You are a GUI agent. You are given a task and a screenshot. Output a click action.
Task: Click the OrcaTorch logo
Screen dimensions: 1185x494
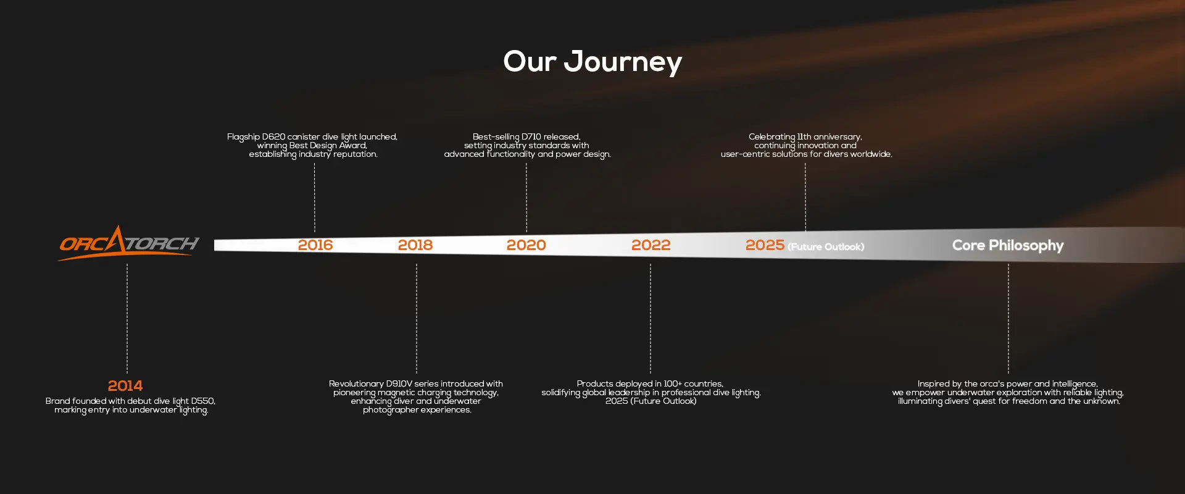[128, 243]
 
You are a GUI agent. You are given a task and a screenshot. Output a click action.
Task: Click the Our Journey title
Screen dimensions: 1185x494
[592, 62]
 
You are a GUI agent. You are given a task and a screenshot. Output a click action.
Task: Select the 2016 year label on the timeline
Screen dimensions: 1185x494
[315, 245]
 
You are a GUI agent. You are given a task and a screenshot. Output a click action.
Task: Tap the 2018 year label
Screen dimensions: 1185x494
[415, 245]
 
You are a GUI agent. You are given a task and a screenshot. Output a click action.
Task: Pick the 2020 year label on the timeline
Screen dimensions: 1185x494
[526, 245]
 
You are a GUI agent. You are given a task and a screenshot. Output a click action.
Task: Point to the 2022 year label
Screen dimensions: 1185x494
[651, 245]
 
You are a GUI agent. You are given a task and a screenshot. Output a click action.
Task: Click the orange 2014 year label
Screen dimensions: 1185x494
[125, 386]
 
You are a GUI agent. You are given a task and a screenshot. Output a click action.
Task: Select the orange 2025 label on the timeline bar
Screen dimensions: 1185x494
[765, 245]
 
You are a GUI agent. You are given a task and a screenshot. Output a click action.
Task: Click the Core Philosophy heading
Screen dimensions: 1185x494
[1008, 245]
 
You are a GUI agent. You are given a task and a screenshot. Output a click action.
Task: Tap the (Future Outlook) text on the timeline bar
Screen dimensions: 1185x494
[826, 247]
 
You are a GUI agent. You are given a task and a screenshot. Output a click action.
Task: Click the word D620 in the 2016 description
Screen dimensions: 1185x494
[273, 137]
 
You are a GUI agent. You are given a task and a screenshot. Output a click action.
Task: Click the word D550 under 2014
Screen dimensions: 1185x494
[202, 401]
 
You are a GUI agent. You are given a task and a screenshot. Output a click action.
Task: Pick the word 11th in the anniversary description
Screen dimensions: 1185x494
[804, 137]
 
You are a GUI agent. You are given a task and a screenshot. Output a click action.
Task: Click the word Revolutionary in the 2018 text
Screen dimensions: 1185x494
[356, 384]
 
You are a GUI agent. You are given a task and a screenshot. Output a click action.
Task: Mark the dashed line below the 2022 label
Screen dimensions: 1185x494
[651, 319]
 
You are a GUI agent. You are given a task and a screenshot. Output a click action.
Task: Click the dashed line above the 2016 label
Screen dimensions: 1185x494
[315, 198]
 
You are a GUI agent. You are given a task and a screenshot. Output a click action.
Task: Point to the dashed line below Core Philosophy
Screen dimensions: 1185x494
[1008, 319]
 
